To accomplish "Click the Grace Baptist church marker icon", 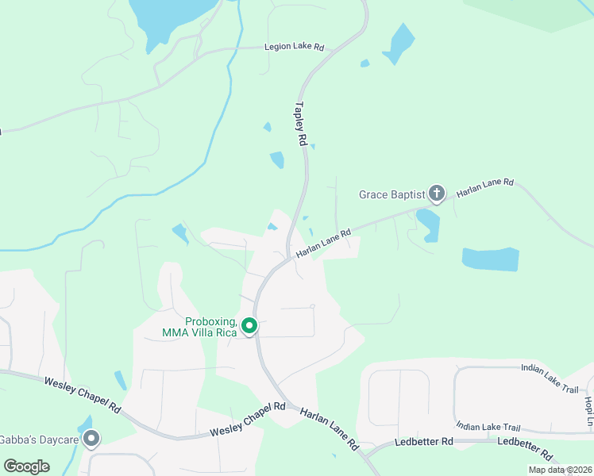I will pyautogui.click(x=436, y=193).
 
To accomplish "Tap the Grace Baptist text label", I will pyautogui.click(x=391, y=194).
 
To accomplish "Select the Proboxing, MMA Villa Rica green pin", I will pyautogui.click(x=249, y=326).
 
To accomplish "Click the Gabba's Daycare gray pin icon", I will pyautogui.click(x=92, y=438).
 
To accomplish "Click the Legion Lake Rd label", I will pyautogui.click(x=294, y=48).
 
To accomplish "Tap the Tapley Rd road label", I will pyautogui.click(x=300, y=123).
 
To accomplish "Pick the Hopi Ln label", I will pyautogui.click(x=588, y=409).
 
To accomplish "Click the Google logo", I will pyautogui.click(x=27, y=466).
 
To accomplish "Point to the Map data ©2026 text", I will pyautogui.click(x=559, y=470).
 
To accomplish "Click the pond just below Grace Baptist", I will pyautogui.click(x=428, y=224).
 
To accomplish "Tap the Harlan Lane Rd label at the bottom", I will pyautogui.click(x=329, y=430).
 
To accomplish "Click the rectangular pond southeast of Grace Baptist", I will pyautogui.click(x=490, y=259).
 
